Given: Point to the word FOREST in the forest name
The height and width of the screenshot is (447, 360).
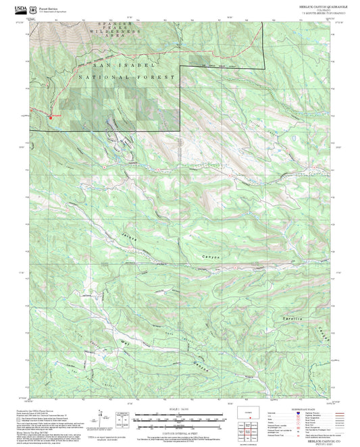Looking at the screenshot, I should [x=161, y=77].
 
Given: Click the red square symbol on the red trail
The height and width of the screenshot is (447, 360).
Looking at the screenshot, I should [x=49, y=115].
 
